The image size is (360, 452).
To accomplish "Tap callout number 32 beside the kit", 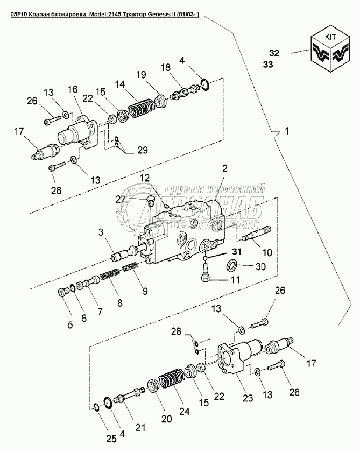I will pos(274,53).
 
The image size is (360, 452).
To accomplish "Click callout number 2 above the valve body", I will pos(225,168).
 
